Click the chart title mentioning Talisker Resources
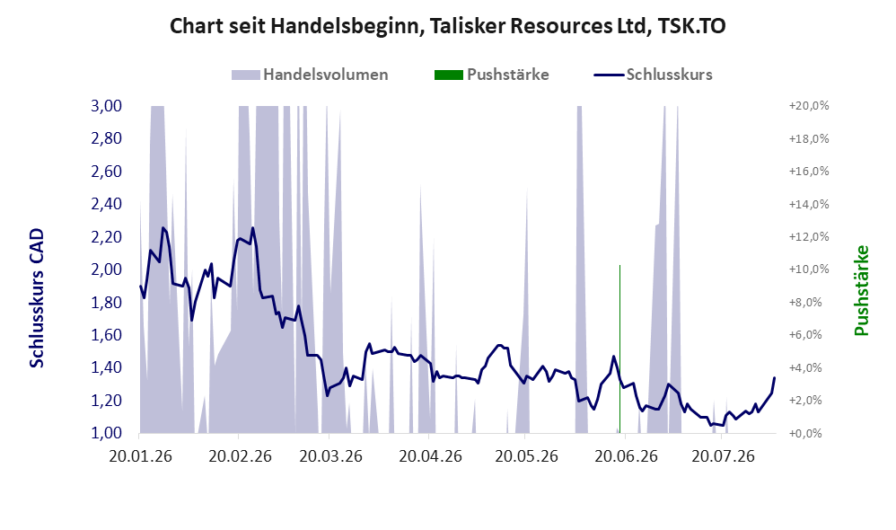click(447, 26)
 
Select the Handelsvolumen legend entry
click(310, 75)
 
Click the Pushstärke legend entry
click(491, 75)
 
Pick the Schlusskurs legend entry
click(653, 75)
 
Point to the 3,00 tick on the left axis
click(106, 106)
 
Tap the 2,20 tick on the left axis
click(106, 236)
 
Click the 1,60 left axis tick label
click(106, 334)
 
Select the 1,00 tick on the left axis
click(106, 433)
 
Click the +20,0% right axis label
click(809, 106)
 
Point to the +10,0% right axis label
click(809, 269)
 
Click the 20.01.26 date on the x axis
click(141, 457)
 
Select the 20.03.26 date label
click(331, 457)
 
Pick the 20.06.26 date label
click(627, 457)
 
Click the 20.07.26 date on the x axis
click(723, 457)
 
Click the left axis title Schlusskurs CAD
click(37, 298)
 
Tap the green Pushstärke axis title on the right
click(861, 290)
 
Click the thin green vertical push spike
click(620, 349)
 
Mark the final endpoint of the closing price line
click(775, 377)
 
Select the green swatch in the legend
click(449, 75)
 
